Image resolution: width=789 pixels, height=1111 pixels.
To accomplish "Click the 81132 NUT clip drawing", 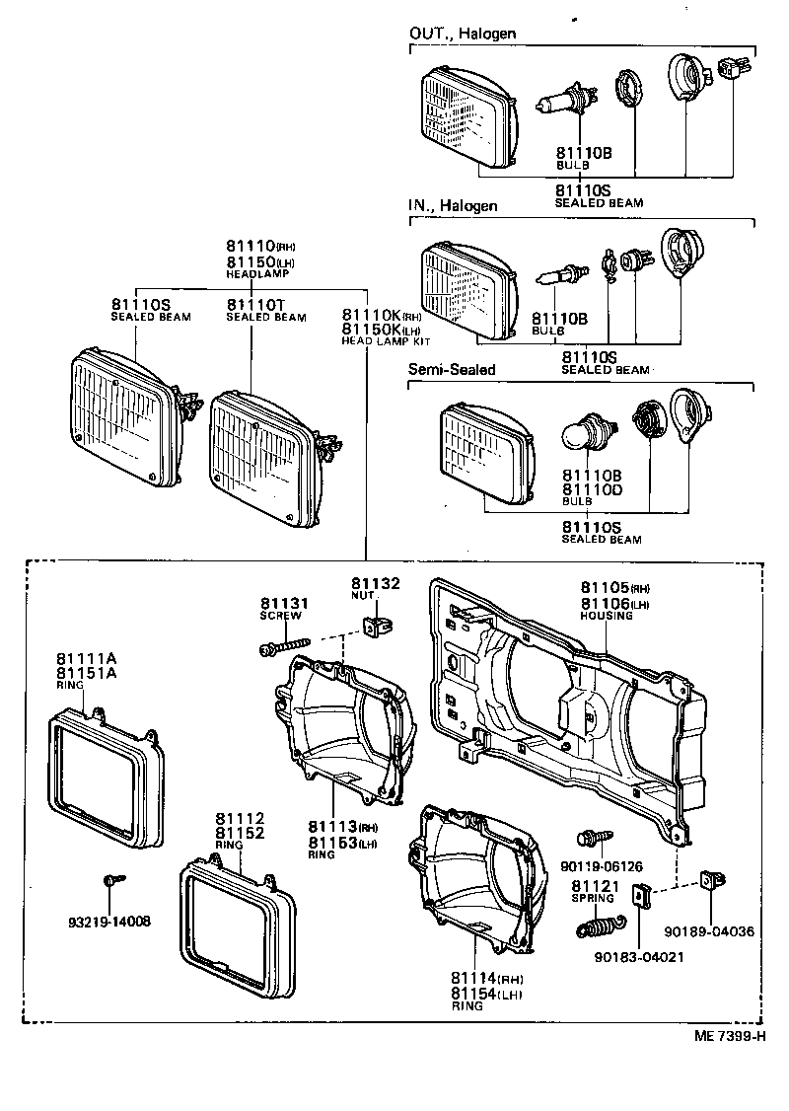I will coord(375,625).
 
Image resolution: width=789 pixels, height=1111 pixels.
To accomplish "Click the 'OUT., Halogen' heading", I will coord(463,34).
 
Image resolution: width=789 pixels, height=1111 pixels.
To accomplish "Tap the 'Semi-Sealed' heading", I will coord(452,370).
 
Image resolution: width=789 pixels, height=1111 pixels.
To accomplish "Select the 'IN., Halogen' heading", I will coord(453,206).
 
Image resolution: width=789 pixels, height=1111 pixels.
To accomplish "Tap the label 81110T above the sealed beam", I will coord(254,304).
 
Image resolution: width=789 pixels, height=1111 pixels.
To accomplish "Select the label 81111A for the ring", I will coord(86,659).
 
